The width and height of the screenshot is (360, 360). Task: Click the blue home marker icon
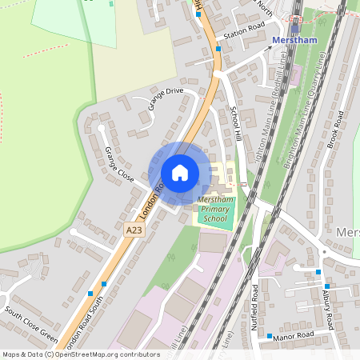pyautogui.click(x=180, y=173)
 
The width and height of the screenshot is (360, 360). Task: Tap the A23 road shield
pyautogui.click(x=114, y=230)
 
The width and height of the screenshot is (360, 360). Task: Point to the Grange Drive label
pyautogui.click(x=164, y=98)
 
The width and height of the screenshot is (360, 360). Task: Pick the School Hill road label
pyautogui.click(x=237, y=124)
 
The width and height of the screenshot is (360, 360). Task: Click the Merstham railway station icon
pyautogui.click(x=295, y=28)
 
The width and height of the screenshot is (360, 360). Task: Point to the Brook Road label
pyautogui.click(x=337, y=127)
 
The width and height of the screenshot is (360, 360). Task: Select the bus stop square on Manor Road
pyautogui.click(x=270, y=337)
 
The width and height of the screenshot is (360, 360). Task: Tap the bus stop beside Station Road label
pyautogui.click(x=218, y=49)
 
